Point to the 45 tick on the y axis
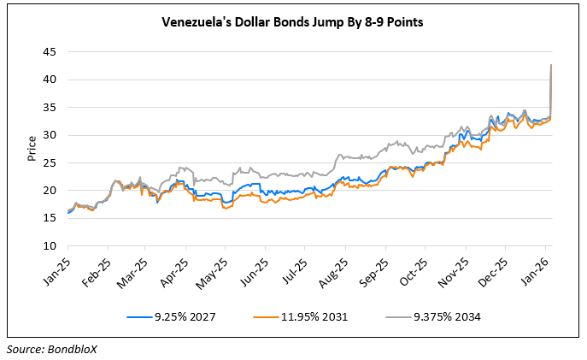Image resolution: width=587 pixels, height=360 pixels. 50,52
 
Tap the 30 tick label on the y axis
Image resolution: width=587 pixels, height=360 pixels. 50,135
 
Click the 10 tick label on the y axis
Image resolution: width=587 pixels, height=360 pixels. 50,246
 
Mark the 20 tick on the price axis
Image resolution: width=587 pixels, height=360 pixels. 50,191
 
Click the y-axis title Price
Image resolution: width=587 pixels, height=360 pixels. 32,150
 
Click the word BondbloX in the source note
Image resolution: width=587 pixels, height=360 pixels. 74,349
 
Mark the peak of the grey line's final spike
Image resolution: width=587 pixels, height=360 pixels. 551,65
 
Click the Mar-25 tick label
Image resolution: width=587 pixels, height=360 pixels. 134,268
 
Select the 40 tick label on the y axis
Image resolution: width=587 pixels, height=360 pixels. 50,80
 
